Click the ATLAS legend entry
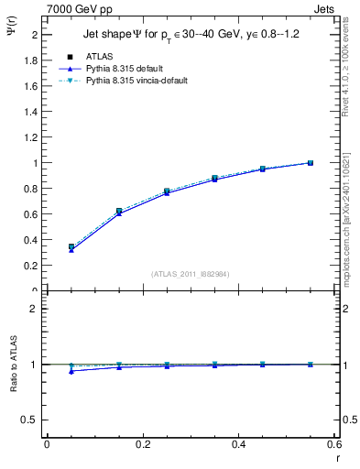(96, 58)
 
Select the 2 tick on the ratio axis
(34, 309)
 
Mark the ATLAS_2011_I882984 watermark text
(189, 273)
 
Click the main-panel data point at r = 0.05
(71, 247)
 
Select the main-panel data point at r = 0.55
(311, 163)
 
